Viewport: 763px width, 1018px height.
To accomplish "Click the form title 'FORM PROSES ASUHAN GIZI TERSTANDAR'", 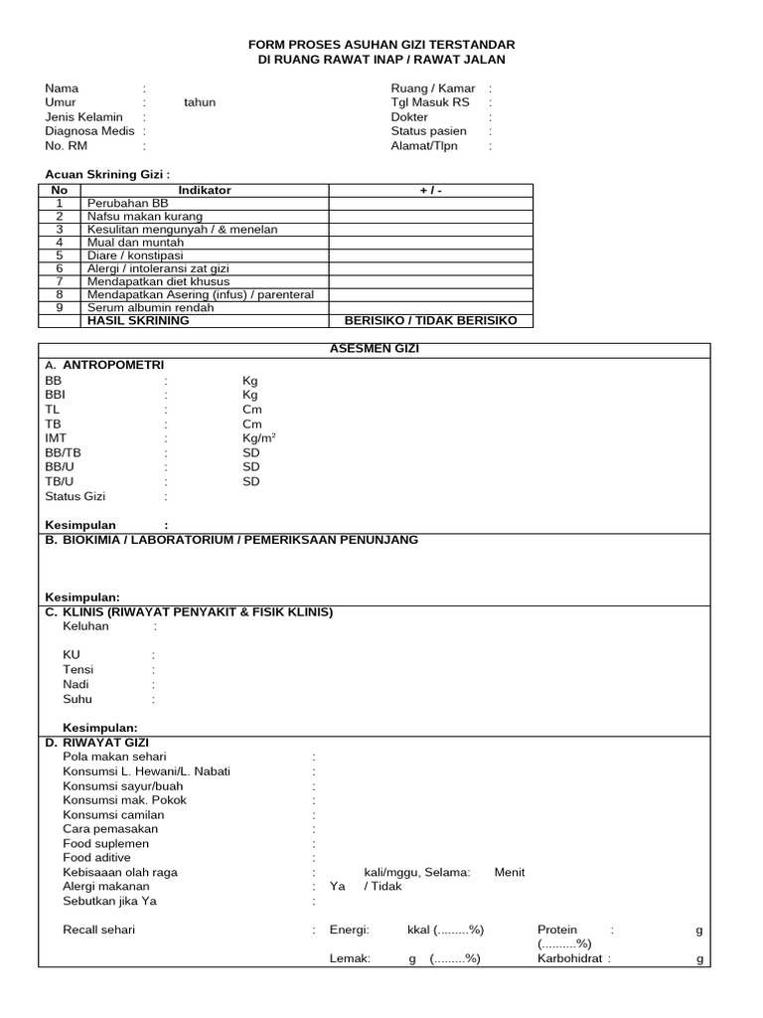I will [381, 46].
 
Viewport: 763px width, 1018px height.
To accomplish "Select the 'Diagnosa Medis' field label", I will [89, 131].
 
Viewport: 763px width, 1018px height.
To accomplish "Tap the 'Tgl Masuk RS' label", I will [430, 102].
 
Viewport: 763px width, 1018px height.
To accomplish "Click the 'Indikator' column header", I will [205, 190].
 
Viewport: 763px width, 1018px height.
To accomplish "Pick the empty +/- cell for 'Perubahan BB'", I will [431, 203].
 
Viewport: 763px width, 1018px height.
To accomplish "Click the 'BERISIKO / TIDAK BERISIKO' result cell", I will [431, 320].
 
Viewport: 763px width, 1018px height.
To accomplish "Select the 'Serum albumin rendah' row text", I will [150, 307].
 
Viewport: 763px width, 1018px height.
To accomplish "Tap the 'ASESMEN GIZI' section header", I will [375, 350].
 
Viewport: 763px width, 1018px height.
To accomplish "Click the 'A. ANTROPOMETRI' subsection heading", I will [104, 365].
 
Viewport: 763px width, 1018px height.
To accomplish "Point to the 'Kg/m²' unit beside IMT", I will [259, 438].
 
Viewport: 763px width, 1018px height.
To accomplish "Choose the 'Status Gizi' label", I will [75, 496].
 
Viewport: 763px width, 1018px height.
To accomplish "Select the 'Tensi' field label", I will [78, 670].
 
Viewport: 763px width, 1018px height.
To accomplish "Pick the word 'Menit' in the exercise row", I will [510, 872].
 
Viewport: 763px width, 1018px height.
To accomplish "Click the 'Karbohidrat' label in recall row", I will [570, 959].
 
